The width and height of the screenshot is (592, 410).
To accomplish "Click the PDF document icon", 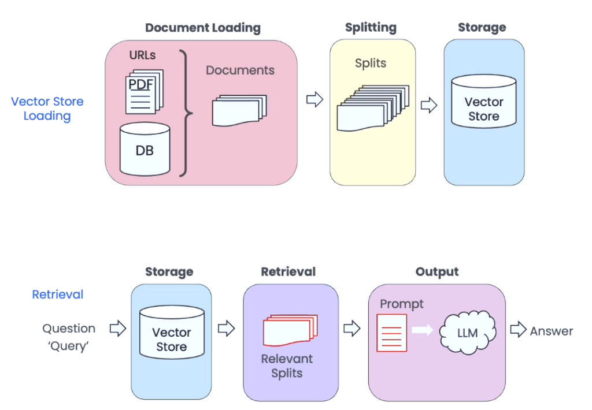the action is click(145, 92).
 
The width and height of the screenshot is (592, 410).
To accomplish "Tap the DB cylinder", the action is click(145, 149).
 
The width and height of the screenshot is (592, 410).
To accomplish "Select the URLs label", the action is click(142, 55).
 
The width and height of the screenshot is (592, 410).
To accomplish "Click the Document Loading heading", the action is click(203, 28).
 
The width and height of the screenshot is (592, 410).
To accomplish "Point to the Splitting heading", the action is click(371, 28).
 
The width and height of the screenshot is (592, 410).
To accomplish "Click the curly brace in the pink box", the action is click(186, 113).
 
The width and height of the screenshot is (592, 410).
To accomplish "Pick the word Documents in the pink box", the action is click(240, 70).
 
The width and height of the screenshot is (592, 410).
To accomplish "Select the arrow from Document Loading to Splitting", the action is click(315, 99).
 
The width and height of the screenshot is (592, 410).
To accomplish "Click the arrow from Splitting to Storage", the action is click(429, 105).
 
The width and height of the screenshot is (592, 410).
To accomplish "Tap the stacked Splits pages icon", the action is click(373, 108).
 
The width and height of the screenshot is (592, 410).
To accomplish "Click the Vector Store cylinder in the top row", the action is click(484, 101).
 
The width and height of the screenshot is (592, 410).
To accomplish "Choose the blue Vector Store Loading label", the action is click(47, 109).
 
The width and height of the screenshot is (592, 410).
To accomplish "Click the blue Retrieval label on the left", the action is click(58, 294).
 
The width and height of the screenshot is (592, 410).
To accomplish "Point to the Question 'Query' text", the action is click(69, 337).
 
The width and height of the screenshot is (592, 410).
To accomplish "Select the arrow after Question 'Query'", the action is click(118, 328).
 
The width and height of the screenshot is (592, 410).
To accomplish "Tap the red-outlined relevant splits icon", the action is click(290, 330).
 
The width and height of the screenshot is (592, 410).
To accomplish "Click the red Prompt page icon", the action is click(392, 333).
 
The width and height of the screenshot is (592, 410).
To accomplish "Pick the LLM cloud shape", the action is click(468, 333).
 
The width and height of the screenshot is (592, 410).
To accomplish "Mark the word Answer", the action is click(552, 331).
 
